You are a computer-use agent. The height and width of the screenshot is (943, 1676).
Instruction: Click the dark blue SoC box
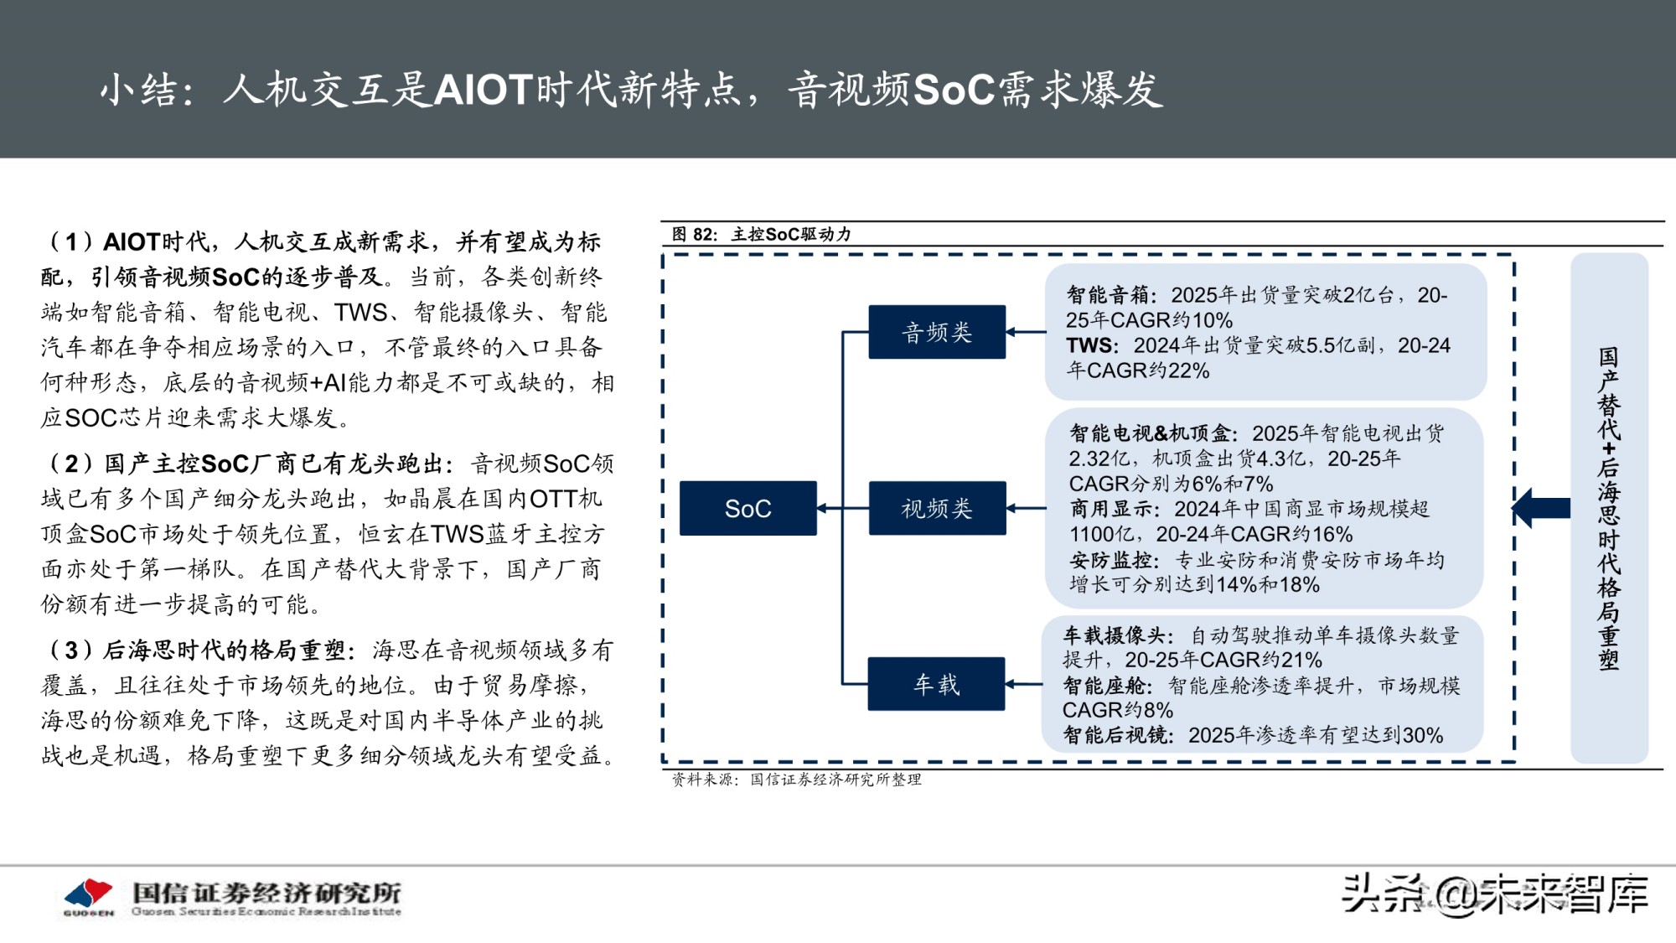click(747, 508)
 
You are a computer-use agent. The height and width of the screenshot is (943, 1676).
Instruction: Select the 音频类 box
click(936, 332)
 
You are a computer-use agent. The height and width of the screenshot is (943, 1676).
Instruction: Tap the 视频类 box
click(936, 508)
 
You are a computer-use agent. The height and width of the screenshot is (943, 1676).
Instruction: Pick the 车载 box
click(936, 684)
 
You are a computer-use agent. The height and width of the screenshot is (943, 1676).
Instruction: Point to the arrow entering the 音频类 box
click(1024, 332)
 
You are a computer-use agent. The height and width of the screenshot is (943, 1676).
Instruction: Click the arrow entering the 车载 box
click(1024, 684)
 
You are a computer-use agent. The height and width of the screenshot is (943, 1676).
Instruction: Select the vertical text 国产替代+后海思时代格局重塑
click(1608, 508)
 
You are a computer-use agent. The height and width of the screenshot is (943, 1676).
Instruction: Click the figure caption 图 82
click(694, 234)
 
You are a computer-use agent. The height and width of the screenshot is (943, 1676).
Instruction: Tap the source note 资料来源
click(704, 780)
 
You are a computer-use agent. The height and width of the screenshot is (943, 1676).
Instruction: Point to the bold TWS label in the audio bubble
click(1090, 345)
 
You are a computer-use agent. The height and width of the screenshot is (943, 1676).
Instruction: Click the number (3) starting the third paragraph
click(70, 650)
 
